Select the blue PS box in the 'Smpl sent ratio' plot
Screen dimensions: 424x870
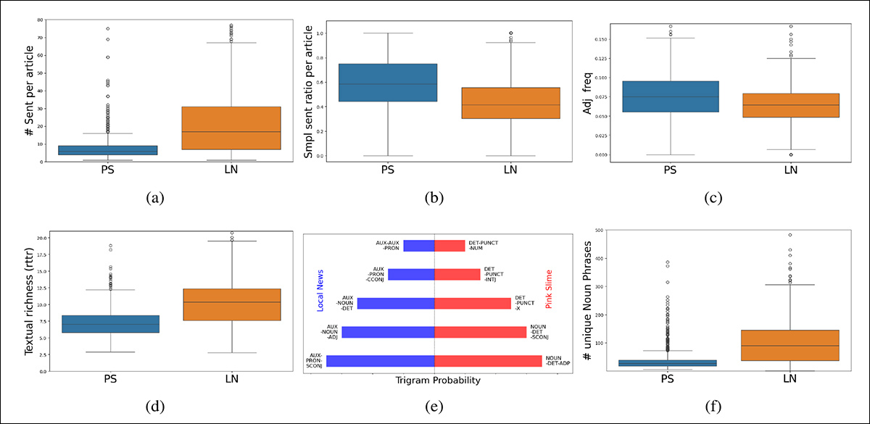(x=389, y=83)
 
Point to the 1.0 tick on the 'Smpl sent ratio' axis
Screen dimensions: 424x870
(x=324, y=33)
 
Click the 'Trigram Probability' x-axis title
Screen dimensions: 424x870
(x=434, y=379)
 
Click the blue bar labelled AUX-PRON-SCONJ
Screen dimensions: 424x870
(x=380, y=361)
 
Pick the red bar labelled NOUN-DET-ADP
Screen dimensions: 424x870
(x=488, y=361)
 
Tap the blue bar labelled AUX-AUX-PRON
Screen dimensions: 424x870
(x=419, y=246)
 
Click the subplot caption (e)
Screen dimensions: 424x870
(x=434, y=407)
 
